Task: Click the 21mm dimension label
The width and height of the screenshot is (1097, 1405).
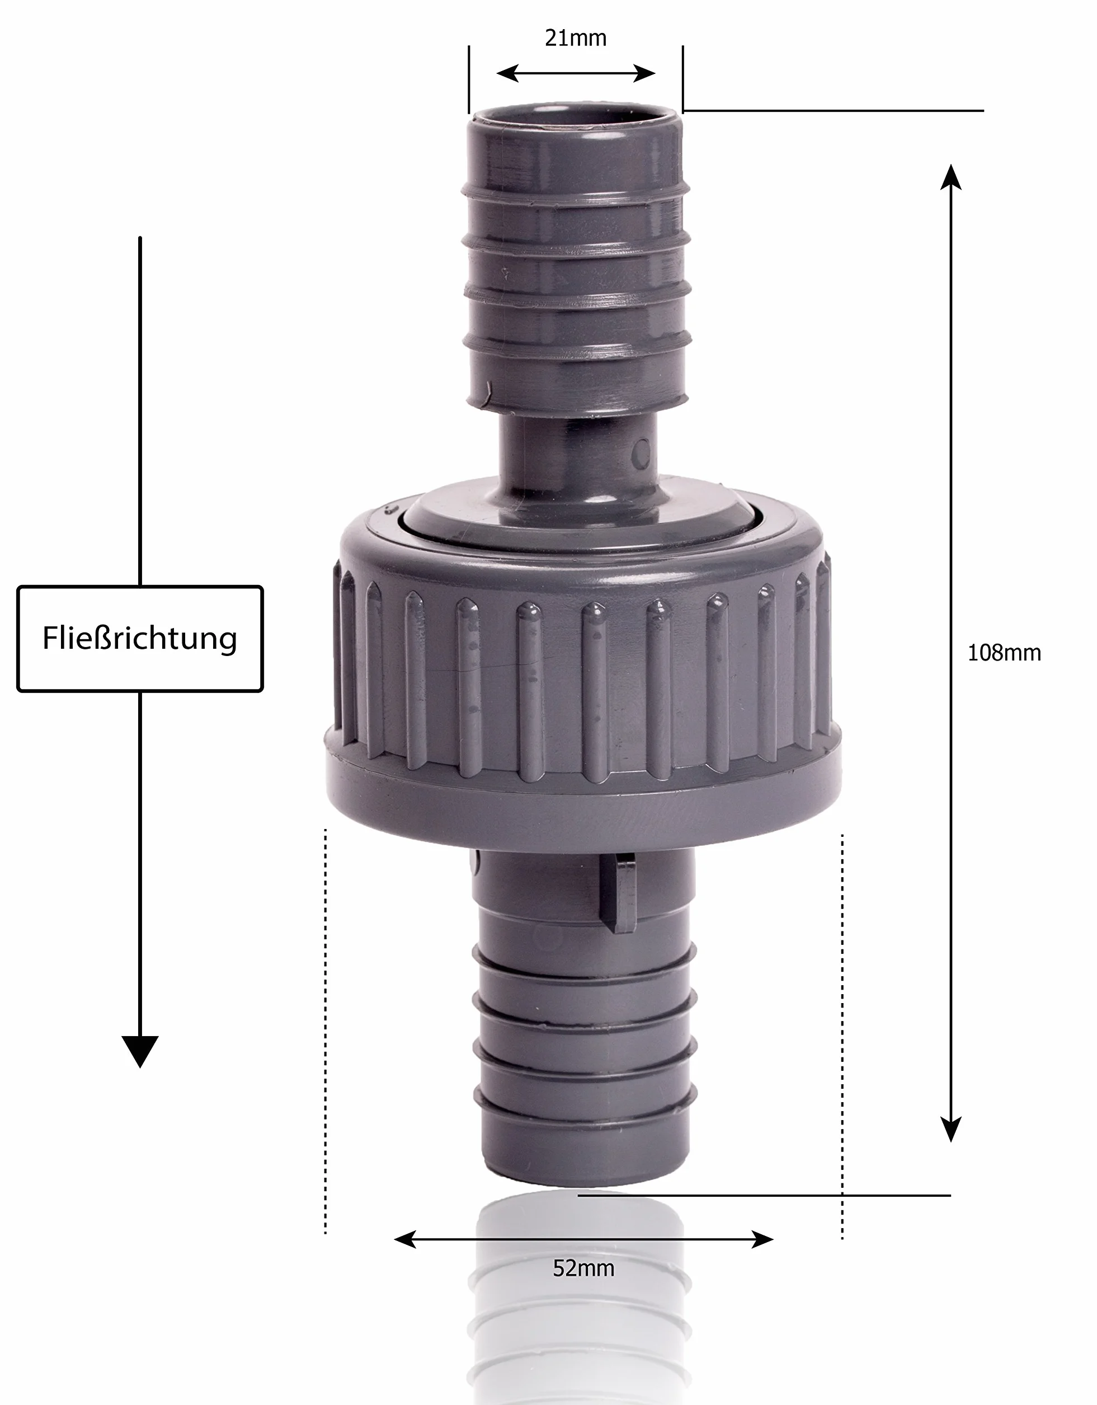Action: [x=576, y=39]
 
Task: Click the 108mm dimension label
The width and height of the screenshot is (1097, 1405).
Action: [x=1004, y=653]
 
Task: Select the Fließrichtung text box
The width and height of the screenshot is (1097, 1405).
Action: [x=140, y=639]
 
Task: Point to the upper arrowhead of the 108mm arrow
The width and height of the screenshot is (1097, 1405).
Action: [x=951, y=177]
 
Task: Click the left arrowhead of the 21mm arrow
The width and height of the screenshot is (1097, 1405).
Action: [x=508, y=73]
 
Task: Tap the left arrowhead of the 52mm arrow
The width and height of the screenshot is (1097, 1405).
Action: [x=405, y=1239]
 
